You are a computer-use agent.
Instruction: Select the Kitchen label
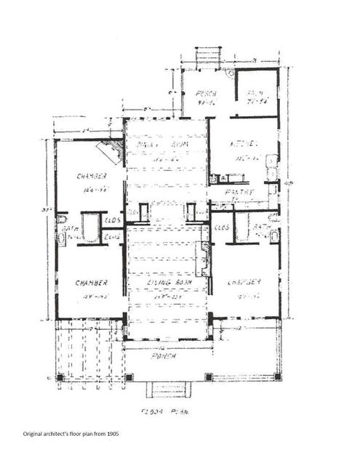pyautogui.click(x=241, y=145)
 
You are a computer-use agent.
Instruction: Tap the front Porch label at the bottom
pyautogui.click(x=167, y=365)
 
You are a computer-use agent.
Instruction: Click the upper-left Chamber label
pyautogui.click(x=92, y=176)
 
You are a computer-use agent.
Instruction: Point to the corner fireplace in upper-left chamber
pyautogui.click(x=111, y=152)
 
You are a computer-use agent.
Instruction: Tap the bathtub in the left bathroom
pyautogui.click(x=90, y=226)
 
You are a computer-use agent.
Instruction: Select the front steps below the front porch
pyautogui.click(x=167, y=389)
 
